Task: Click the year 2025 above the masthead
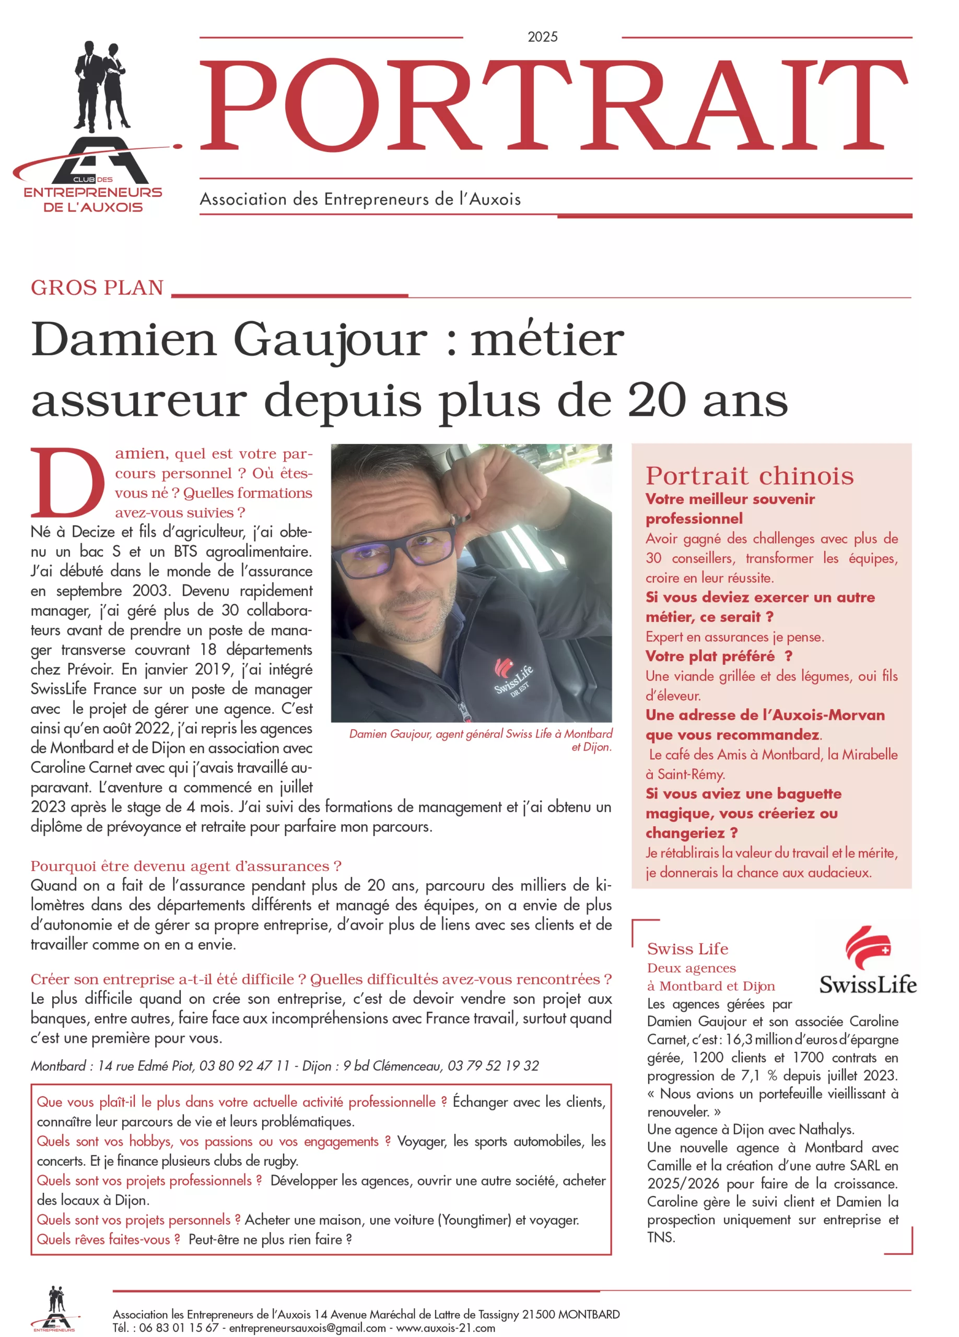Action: tap(542, 37)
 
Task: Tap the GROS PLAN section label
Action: tap(97, 288)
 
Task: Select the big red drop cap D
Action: tap(67, 483)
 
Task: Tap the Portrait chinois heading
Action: tap(749, 476)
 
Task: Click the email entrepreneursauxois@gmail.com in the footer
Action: tap(307, 1328)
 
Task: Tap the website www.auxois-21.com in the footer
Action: tap(445, 1328)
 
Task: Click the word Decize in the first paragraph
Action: tap(96, 532)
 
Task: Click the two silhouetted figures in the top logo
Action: tap(100, 86)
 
